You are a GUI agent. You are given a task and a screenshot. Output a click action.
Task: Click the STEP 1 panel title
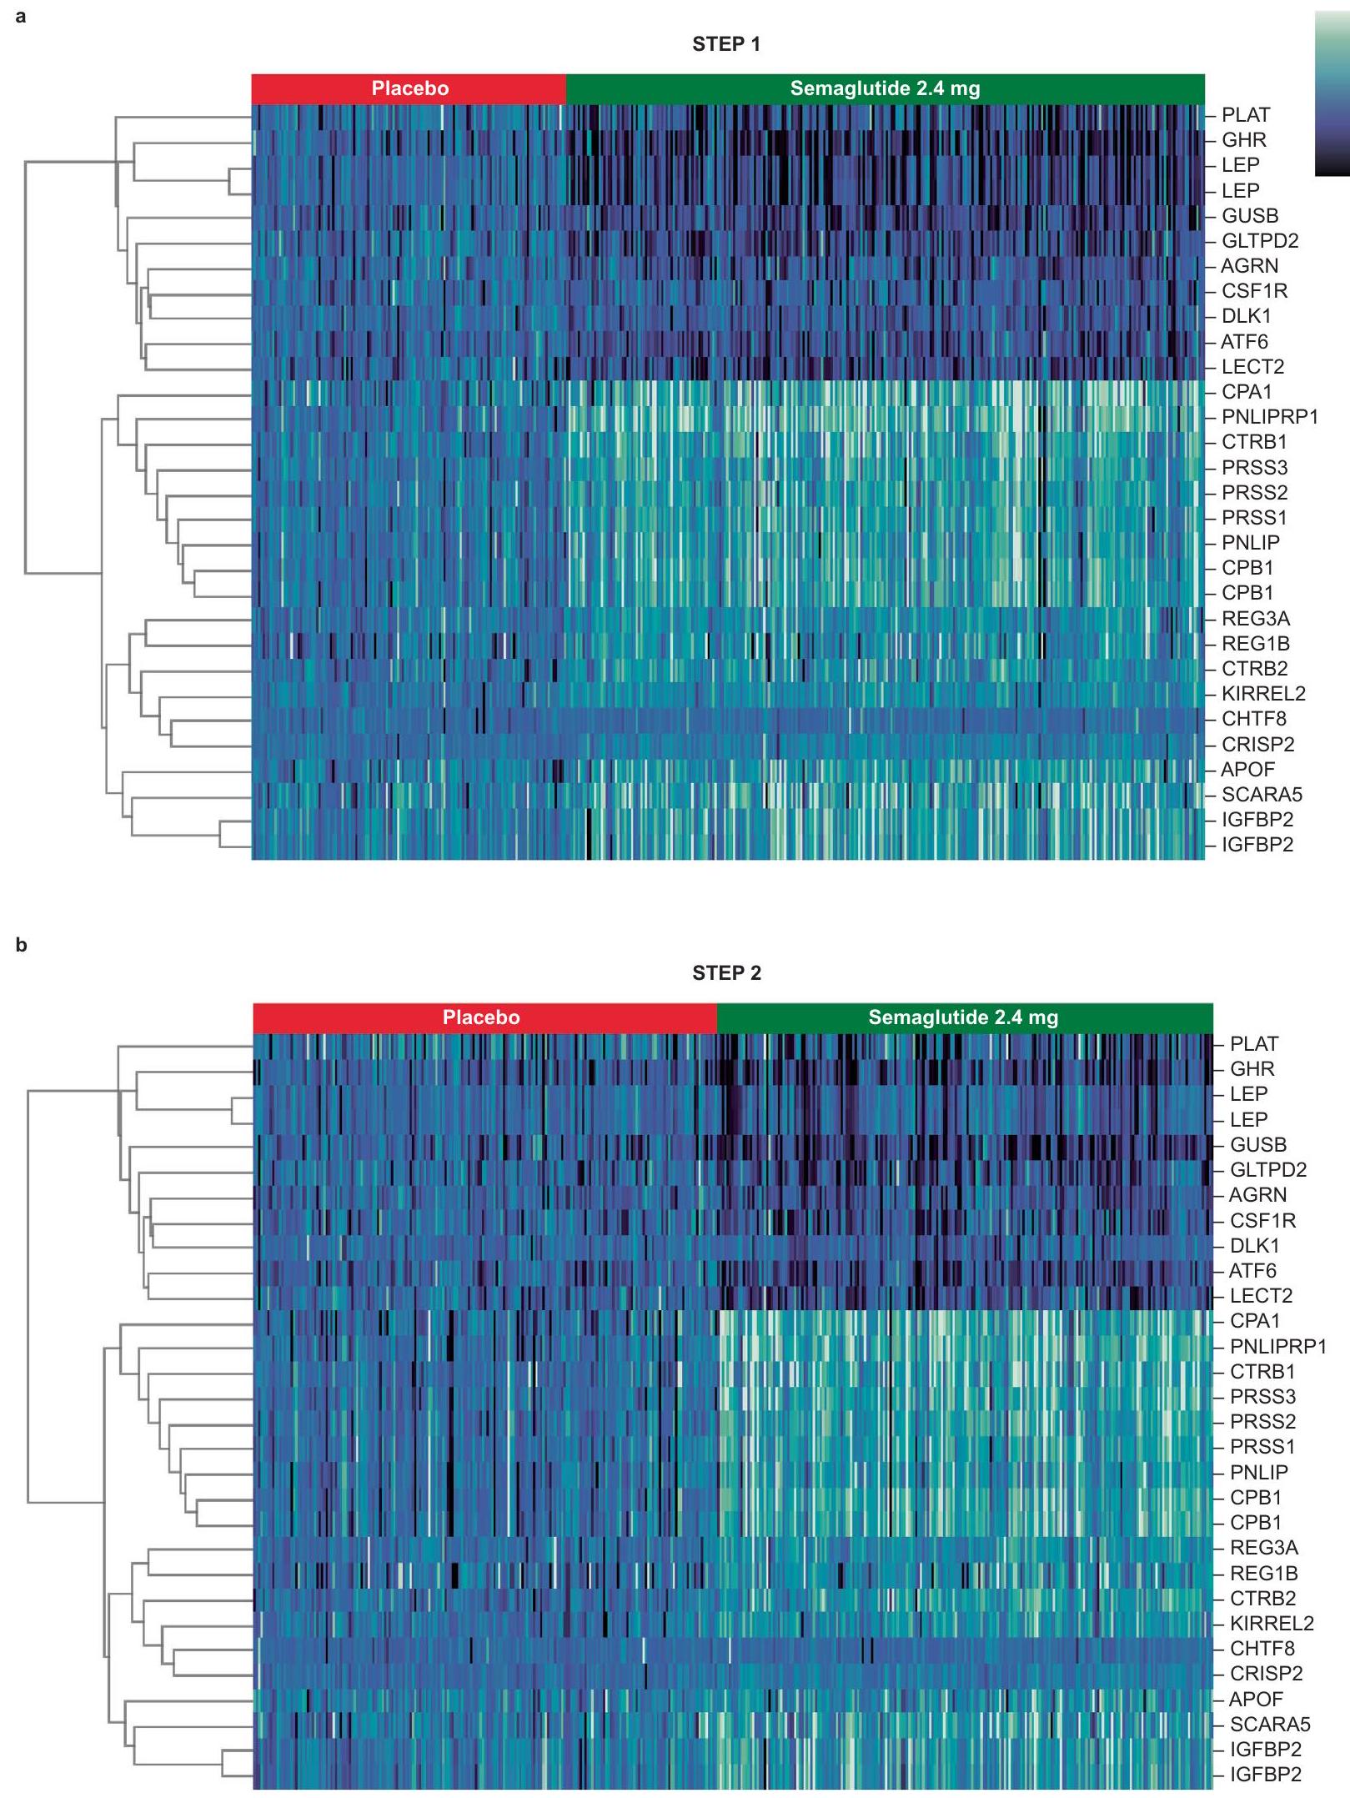[726, 44]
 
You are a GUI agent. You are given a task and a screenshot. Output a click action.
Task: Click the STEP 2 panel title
[726, 973]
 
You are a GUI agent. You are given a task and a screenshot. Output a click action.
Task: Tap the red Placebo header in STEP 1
[409, 88]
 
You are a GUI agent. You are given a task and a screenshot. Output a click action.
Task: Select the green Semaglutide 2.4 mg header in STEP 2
[964, 1017]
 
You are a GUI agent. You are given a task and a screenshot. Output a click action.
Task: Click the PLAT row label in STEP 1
[1246, 115]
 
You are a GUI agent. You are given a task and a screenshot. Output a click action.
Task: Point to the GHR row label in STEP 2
[1252, 1069]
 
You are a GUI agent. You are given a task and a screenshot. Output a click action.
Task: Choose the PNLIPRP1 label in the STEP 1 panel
[1269, 417]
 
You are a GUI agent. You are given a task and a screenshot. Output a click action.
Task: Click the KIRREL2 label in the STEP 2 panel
[1272, 1624]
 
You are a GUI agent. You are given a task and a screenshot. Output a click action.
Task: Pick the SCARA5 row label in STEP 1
[1262, 795]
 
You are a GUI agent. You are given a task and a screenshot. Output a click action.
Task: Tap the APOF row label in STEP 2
[1255, 1699]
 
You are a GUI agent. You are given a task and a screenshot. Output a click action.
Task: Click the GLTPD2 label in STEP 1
[1260, 241]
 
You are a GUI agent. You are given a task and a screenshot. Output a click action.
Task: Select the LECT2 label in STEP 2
[1261, 1296]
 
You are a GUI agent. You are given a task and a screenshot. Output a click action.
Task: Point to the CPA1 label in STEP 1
[1247, 392]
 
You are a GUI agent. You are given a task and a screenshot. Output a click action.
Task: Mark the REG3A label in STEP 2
[1264, 1548]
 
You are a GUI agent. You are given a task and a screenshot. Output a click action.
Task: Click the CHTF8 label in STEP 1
[1253, 719]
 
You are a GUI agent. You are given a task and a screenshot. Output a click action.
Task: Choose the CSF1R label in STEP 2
[1262, 1221]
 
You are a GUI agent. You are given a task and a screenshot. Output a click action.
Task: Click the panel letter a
[21, 16]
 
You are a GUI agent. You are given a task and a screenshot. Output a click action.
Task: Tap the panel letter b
[21, 945]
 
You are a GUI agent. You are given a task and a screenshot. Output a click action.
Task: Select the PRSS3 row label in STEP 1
[1254, 468]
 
